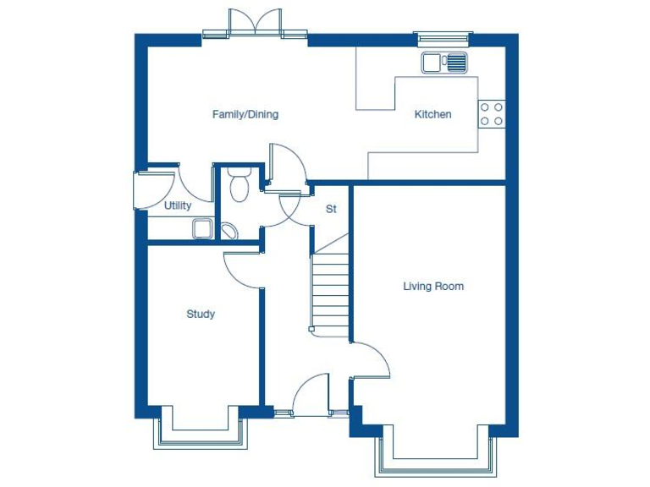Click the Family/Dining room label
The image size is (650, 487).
[x=245, y=114]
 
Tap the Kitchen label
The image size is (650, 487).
[x=432, y=114]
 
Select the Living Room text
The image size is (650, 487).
[x=432, y=287]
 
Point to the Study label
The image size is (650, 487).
[x=201, y=314]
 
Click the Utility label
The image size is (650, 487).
[x=178, y=205]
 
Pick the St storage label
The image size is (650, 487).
[x=331, y=209]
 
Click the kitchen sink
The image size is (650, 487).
[x=444, y=62]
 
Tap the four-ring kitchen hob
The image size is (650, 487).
[x=491, y=114]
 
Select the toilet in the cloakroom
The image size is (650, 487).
[x=239, y=185]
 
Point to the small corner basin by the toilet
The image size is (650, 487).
[x=228, y=230]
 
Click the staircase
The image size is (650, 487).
[x=331, y=287]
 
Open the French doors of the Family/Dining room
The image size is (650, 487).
[x=255, y=24]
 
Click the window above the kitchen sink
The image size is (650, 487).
[x=443, y=37]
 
